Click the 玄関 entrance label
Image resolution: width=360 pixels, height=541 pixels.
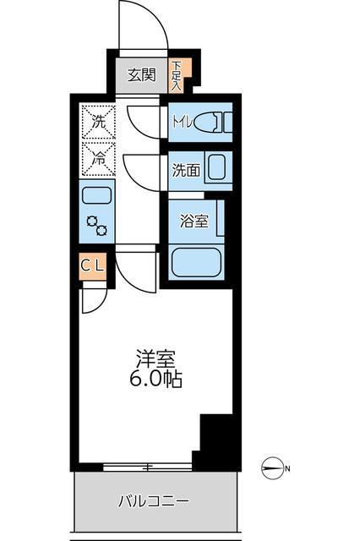(142, 74)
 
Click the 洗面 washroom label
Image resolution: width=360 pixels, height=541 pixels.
(185, 169)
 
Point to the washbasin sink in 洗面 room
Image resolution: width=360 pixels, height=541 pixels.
(216, 169)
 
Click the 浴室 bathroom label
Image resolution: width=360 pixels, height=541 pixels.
(194, 221)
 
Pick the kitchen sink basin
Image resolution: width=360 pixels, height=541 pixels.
(97, 196)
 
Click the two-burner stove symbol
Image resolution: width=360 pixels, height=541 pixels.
(97, 226)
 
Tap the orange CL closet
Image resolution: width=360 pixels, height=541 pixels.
(94, 265)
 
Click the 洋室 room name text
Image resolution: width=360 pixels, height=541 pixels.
(156, 358)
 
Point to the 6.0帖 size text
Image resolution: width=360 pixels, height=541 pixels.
(156, 379)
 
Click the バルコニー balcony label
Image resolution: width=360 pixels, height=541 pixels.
(153, 500)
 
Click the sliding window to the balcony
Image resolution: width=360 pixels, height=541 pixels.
(148, 467)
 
